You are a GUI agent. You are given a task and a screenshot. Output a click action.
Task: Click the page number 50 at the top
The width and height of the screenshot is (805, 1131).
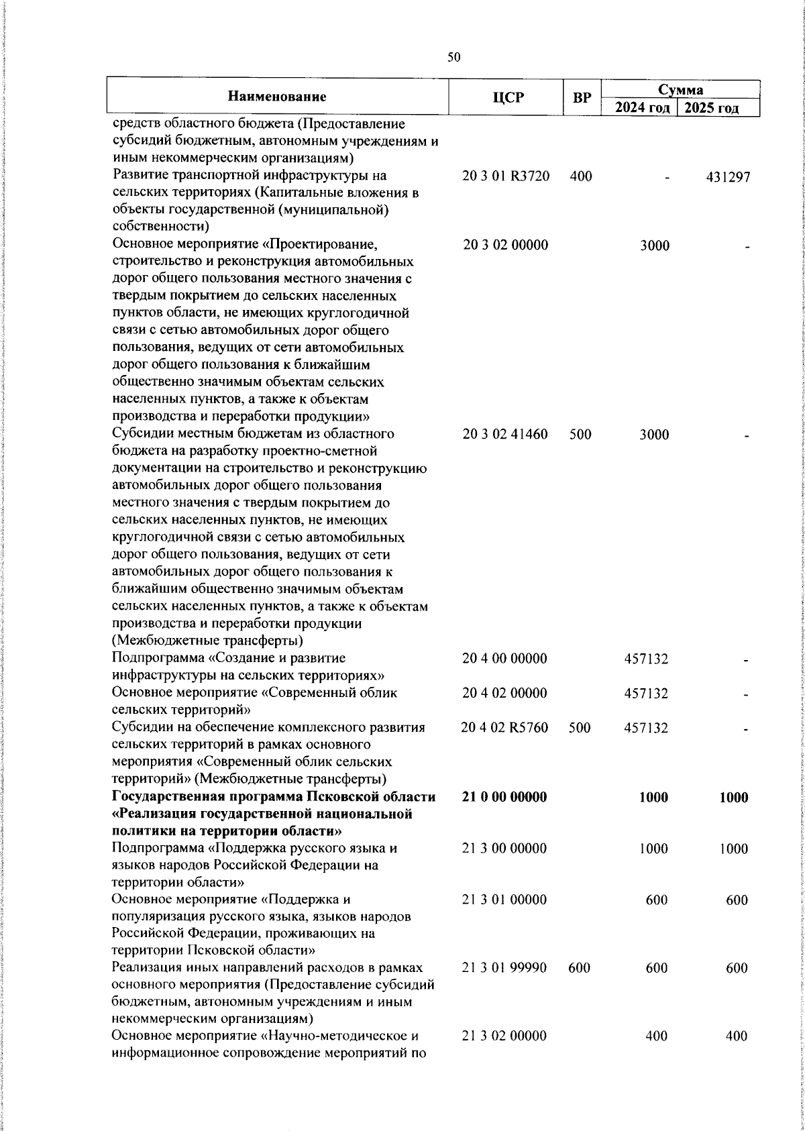(x=454, y=58)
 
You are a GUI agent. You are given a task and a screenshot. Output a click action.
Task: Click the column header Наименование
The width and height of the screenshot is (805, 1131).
(x=277, y=97)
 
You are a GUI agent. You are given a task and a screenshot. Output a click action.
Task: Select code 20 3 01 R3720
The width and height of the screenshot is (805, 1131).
(x=506, y=176)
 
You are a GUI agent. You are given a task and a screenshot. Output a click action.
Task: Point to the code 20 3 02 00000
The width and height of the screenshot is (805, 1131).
(x=505, y=246)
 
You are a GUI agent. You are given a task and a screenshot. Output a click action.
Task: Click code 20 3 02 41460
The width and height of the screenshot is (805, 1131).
(x=505, y=435)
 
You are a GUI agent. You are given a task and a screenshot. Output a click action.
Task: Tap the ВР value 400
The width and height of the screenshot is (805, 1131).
(x=580, y=176)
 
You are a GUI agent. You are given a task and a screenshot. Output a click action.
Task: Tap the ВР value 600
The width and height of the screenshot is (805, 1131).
(x=579, y=968)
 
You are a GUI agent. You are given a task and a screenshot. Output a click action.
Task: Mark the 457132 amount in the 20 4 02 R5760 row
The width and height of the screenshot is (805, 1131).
(x=646, y=728)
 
